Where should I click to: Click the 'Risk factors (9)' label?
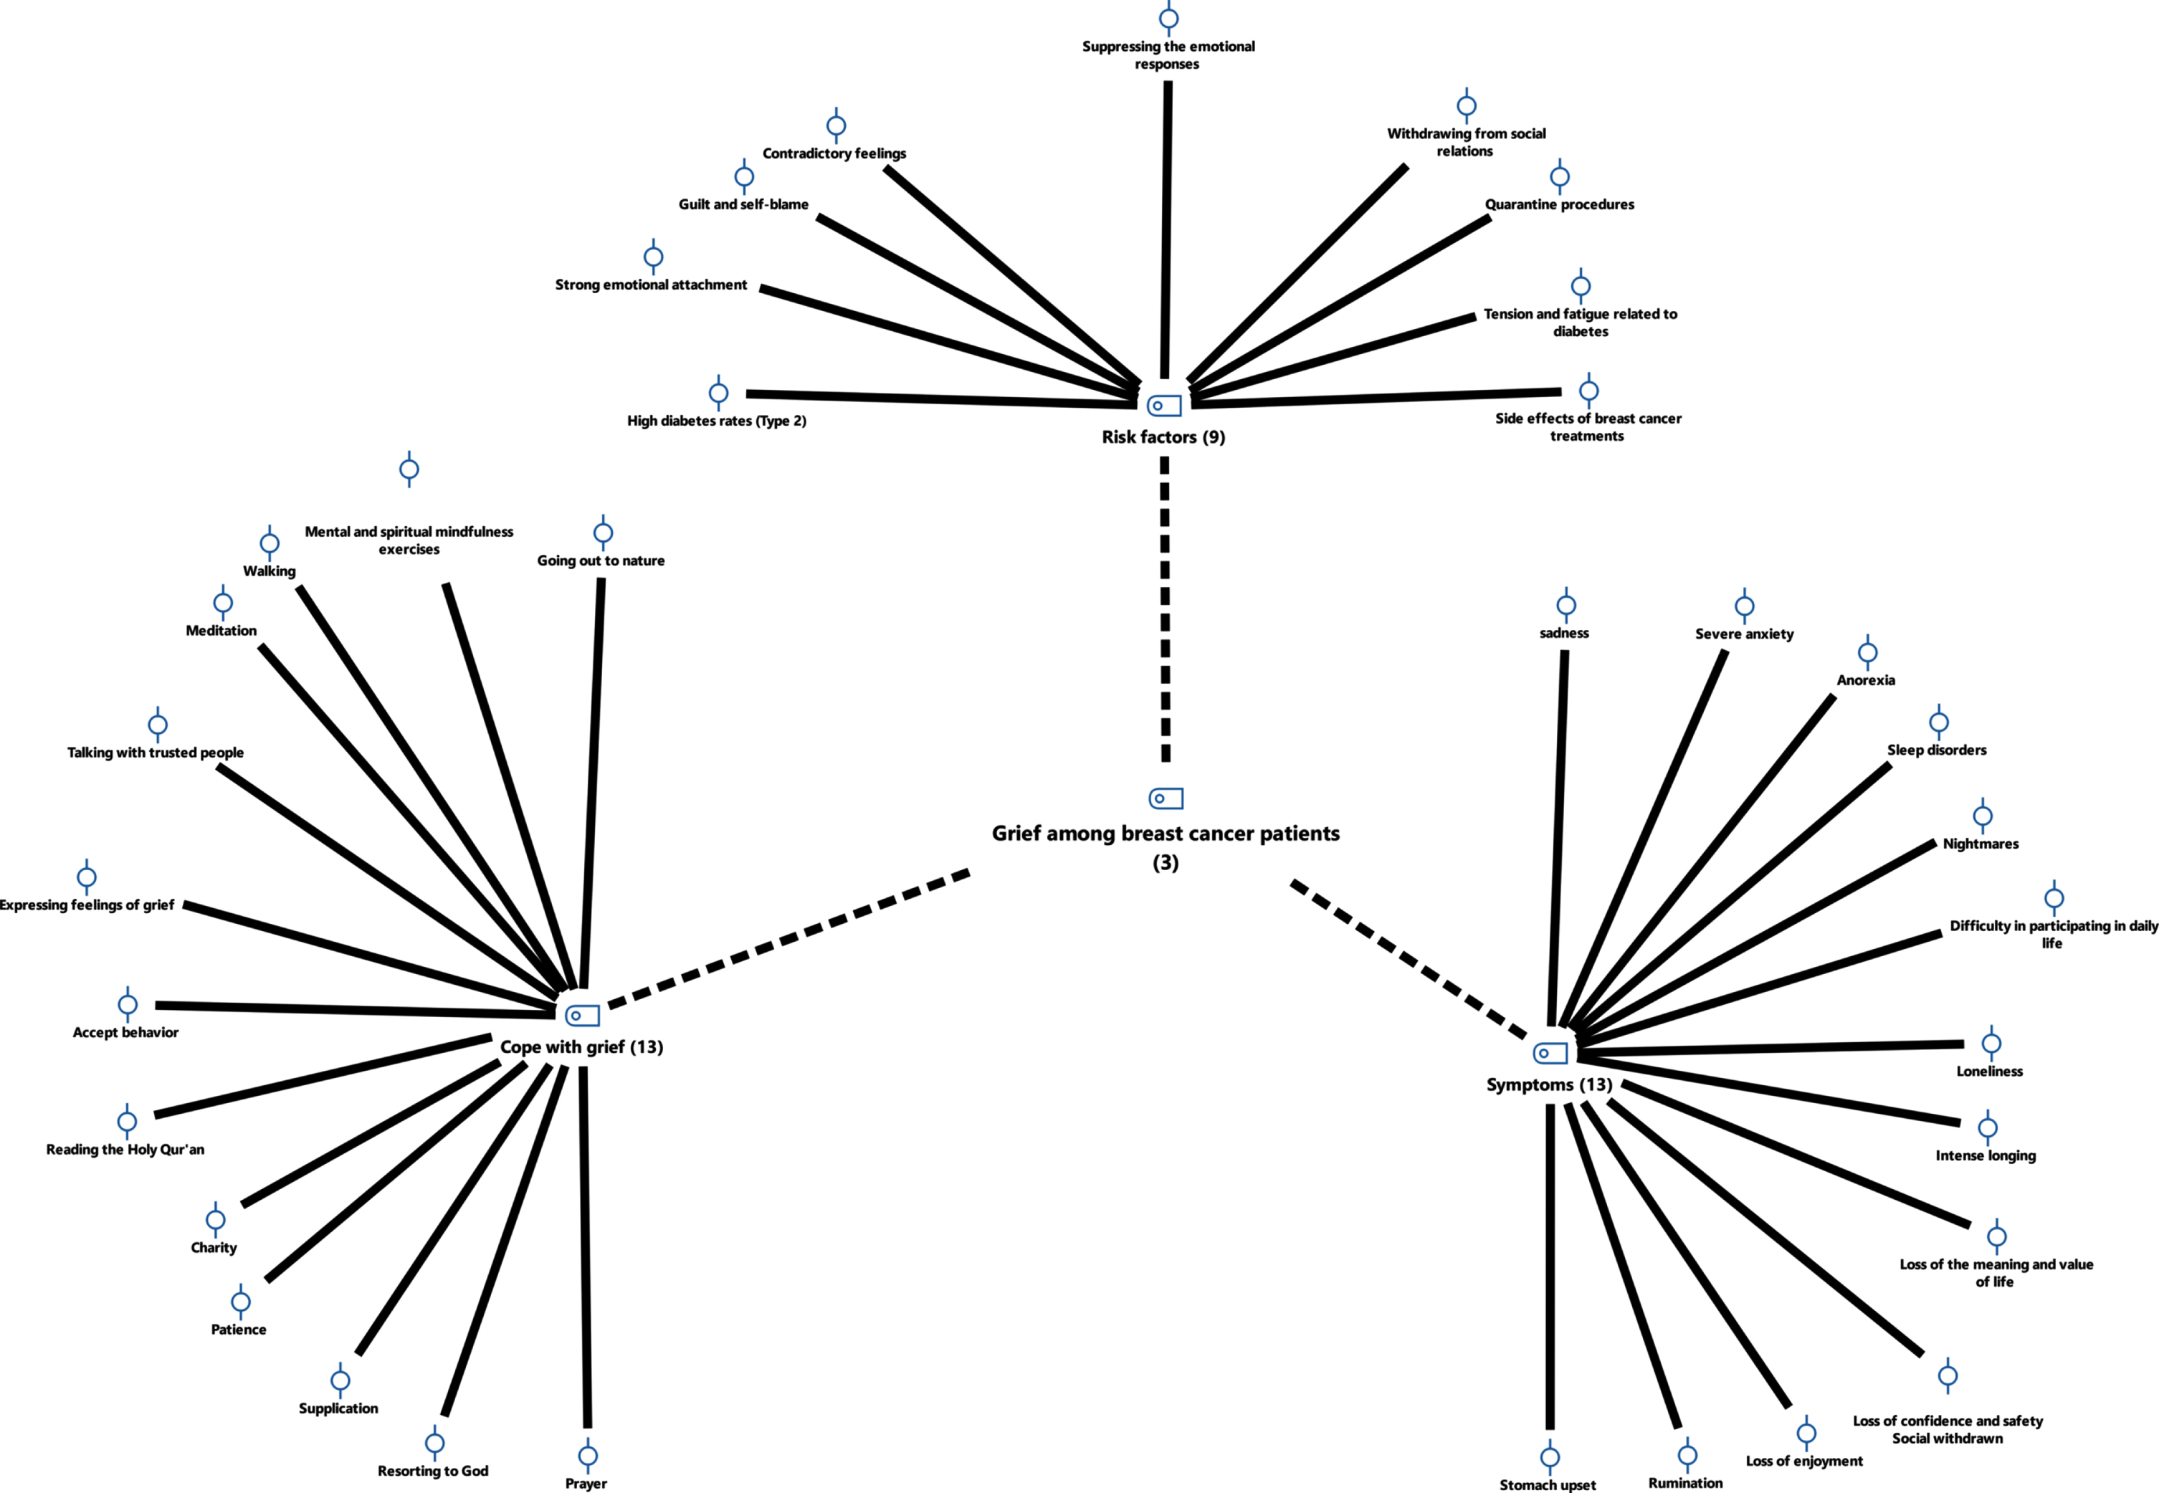pyautogui.click(x=1163, y=437)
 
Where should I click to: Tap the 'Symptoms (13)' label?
pyautogui.click(x=1549, y=1085)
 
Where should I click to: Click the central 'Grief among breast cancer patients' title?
pyautogui.click(x=1166, y=834)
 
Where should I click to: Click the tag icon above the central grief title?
pyautogui.click(x=1166, y=798)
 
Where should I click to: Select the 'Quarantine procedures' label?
pyautogui.click(x=1559, y=205)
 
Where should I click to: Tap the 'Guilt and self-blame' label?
pyautogui.click(x=743, y=205)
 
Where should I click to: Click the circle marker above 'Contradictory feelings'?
pyautogui.click(x=837, y=125)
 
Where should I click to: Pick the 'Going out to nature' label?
pyautogui.click(x=601, y=561)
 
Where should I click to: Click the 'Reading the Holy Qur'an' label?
pyautogui.click(x=125, y=1150)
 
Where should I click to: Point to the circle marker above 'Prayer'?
pyautogui.click(x=588, y=1456)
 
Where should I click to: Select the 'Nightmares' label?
pyautogui.click(x=1981, y=844)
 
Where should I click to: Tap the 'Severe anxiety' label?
pyautogui.click(x=1744, y=634)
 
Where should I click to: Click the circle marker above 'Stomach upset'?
pyautogui.click(x=1550, y=1456)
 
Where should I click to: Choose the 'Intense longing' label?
pyautogui.click(x=1985, y=1155)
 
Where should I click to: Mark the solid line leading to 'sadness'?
pyautogui.click(x=1558, y=838)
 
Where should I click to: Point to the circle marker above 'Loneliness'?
pyautogui.click(x=1991, y=1043)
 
